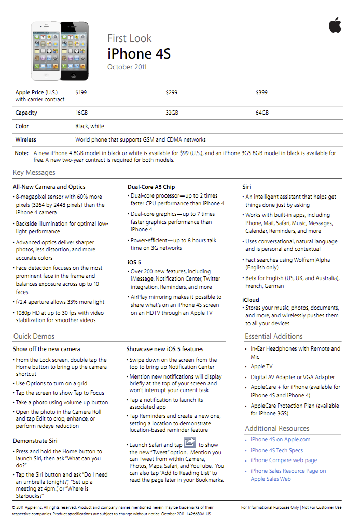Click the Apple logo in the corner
pyautogui.click(x=335, y=25)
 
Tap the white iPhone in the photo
pyautogui.click(x=46, y=50)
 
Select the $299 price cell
pyautogui.click(x=171, y=92)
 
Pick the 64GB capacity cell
pyautogui.click(x=262, y=113)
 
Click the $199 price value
pyautogui.click(x=81, y=92)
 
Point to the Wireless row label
pyautogui.click(x=26, y=139)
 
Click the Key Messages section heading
pyautogui.click(x=34, y=173)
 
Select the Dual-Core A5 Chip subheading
pyautogui.click(x=151, y=187)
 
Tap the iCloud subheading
pyautogui.click(x=251, y=300)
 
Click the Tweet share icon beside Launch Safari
pyautogui.click(x=190, y=442)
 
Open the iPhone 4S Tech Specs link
pyautogui.click(x=276, y=450)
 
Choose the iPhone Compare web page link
pyautogui.click(x=283, y=460)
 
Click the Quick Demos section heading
pyautogui.click(x=34, y=336)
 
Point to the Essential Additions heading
pyautogui.click(x=273, y=336)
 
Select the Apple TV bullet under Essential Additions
pyautogui.click(x=262, y=366)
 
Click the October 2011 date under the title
pyautogui.click(x=127, y=67)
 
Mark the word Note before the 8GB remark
pyautogui.click(x=22, y=153)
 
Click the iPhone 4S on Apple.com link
pyautogui.click(x=280, y=439)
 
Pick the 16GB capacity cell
pyautogui.click(x=82, y=113)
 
